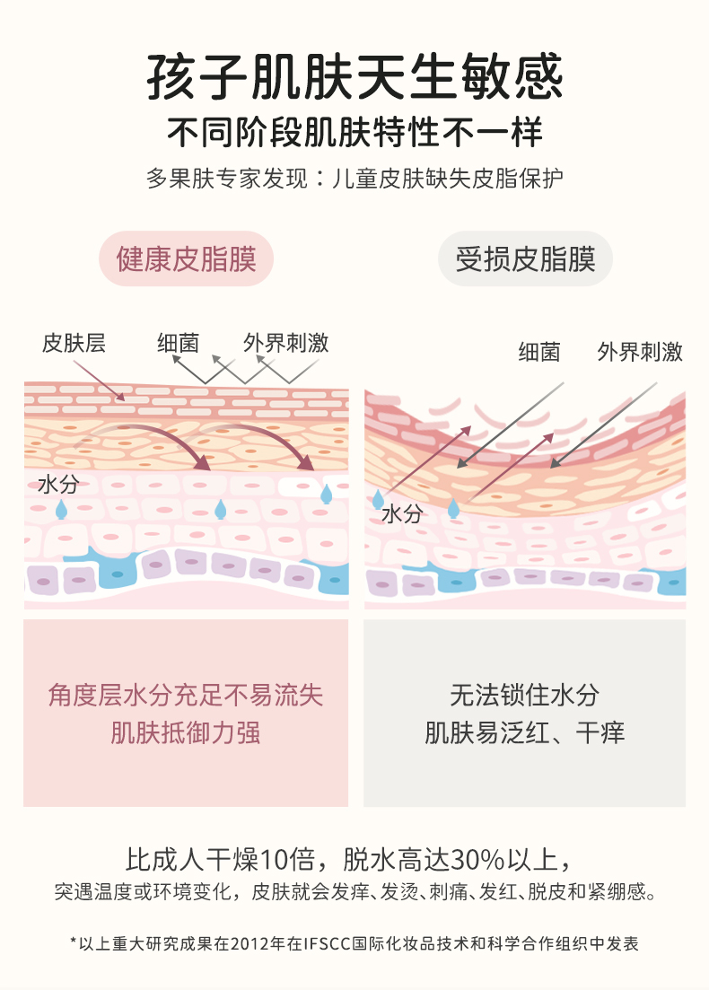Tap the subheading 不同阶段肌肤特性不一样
(354, 133)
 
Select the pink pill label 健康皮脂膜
(186, 259)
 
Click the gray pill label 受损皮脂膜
(525, 259)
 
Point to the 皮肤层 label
(74, 343)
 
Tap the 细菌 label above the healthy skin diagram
(178, 343)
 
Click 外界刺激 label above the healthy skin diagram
(285, 343)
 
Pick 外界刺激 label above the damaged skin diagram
(639, 352)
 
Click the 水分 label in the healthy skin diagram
(58, 486)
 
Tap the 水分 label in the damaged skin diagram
(401, 513)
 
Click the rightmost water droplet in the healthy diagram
(327, 493)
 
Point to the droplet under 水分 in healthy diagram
(61, 510)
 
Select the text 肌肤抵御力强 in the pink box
(186, 733)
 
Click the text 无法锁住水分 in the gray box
(525, 695)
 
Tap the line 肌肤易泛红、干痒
(525, 733)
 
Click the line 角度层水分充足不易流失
(186, 695)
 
